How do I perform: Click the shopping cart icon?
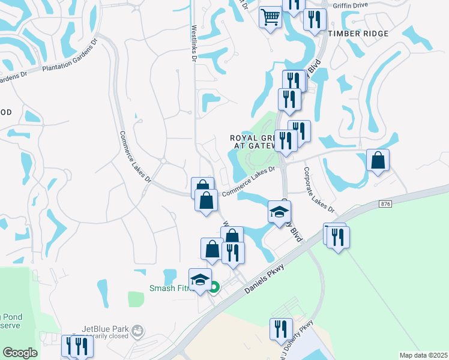(271, 17)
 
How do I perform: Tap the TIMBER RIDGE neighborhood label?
(359, 34)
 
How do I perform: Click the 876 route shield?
(385, 205)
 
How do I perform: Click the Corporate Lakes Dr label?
(318, 190)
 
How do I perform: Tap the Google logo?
(20, 353)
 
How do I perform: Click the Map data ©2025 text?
(423, 355)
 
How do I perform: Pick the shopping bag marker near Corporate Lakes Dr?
(378, 160)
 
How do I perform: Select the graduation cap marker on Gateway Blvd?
(279, 211)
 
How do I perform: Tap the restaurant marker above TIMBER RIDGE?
(315, 20)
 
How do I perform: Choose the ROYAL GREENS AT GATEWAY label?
(255, 142)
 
